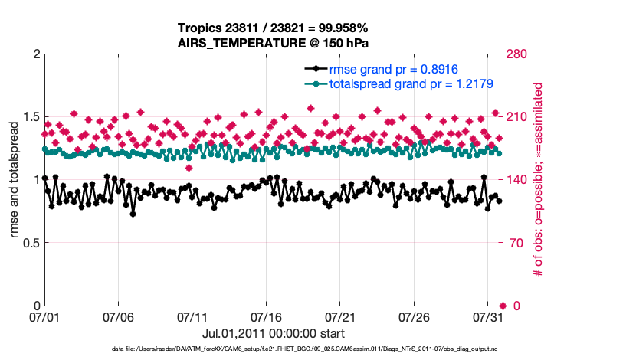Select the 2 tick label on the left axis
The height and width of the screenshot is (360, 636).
35,54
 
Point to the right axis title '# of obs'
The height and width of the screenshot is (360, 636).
538,180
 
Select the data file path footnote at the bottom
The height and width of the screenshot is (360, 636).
304,349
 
